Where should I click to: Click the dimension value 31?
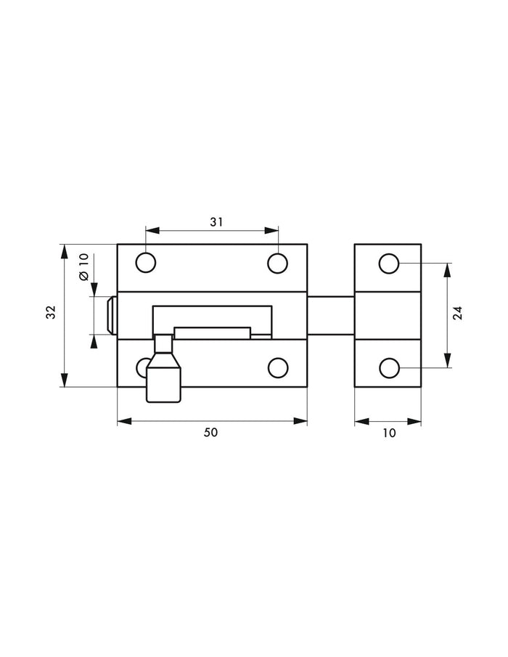click(x=216, y=222)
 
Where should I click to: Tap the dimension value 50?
click(x=210, y=433)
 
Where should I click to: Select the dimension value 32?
click(x=51, y=312)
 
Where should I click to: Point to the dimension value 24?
click(x=458, y=314)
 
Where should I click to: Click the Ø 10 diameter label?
click(x=83, y=267)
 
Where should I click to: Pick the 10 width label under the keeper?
click(x=389, y=433)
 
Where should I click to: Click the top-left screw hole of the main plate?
click(x=146, y=263)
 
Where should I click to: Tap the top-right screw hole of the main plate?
click(x=278, y=264)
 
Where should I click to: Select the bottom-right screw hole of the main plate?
click(x=278, y=368)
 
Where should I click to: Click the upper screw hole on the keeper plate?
click(x=389, y=264)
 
